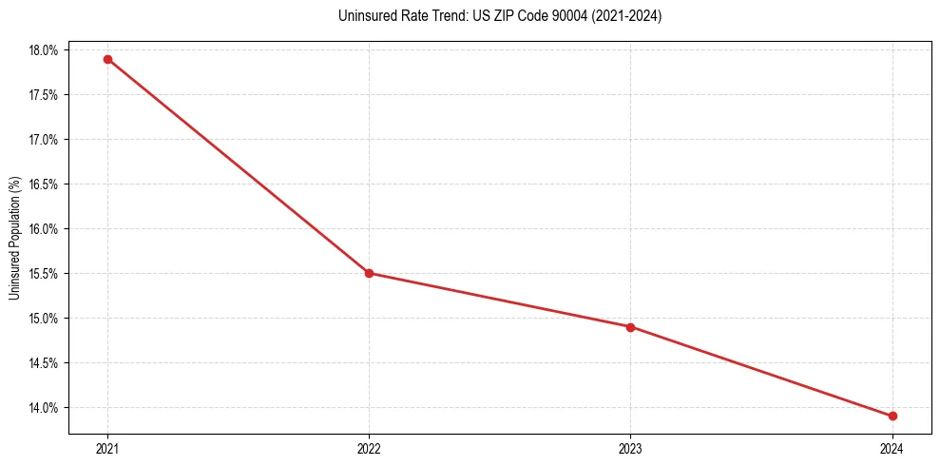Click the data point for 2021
click(x=107, y=59)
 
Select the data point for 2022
click(x=369, y=273)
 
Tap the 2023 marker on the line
click(x=630, y=327)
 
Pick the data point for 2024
click(x=892, y=416)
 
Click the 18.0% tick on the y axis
click(x=44, y=50)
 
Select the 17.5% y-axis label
click(x=44, y=95)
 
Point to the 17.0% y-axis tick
click(x=44, y=140)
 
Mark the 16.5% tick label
click(x=44, y=184)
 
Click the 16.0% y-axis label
click(x=44, y=229)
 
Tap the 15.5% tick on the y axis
click(x=44, y=274)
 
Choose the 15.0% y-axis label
click(x=44, y=319)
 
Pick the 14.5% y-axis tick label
click(x=44, y=363)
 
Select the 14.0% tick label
click(x=44, y=408)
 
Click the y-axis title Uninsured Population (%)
click(x=14, y=238)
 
